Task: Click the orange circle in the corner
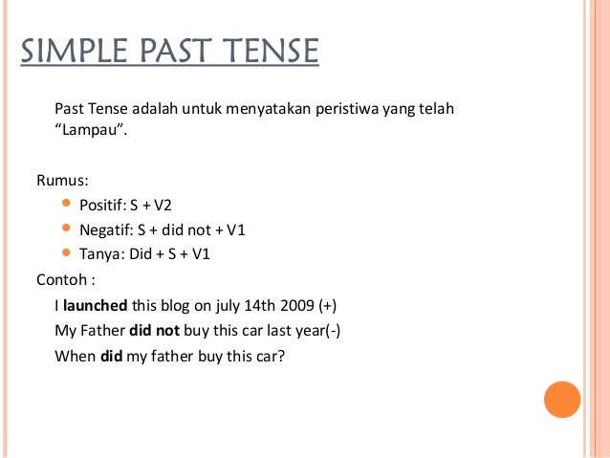pyautogui.click(x=562, y=399)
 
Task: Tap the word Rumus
pyautogui.click(x=58, y=180)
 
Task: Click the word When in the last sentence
pyautogui.click(x=75, y=356)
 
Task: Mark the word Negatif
pyautogui.click(x=106, y=229)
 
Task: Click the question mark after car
pyautogui.click(x=282, y=356)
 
